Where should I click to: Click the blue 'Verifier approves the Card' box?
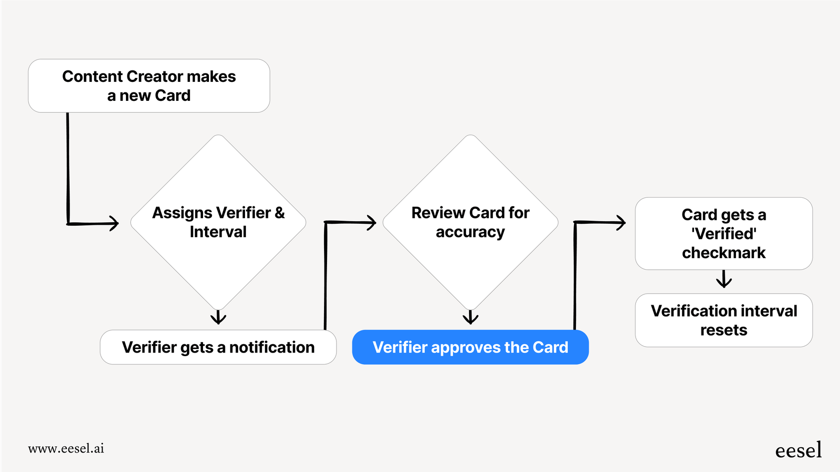470,347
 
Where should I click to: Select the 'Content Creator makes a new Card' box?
149,86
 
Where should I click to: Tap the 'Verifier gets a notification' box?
218,347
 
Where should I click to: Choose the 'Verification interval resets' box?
723,320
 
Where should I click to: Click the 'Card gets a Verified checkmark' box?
723,234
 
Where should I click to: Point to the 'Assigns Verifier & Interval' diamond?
218,222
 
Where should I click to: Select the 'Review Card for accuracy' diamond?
470,222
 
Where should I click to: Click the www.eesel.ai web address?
66,449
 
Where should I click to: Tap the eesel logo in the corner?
798,451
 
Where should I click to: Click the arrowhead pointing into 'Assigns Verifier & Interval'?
113,223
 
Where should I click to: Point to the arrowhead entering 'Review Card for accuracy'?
371,222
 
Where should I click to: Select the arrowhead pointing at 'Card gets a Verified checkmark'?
620,222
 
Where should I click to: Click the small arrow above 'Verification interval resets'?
723,280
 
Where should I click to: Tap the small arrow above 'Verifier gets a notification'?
218,318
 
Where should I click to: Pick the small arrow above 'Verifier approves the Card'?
470,318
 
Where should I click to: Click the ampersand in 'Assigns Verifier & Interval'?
279,213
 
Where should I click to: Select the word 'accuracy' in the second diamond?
470,232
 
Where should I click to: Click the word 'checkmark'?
723,253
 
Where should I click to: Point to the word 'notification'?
272,347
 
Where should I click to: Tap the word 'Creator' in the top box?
154,76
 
